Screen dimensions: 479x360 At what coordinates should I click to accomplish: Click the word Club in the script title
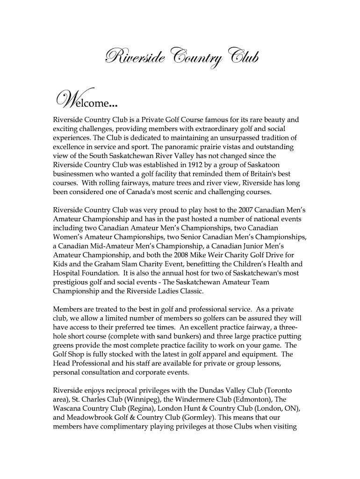tap(238, 58)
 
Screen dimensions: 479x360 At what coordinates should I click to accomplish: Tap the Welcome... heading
tap(84, 100)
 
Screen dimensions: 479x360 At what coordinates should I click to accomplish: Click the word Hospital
tap(67, 273)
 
